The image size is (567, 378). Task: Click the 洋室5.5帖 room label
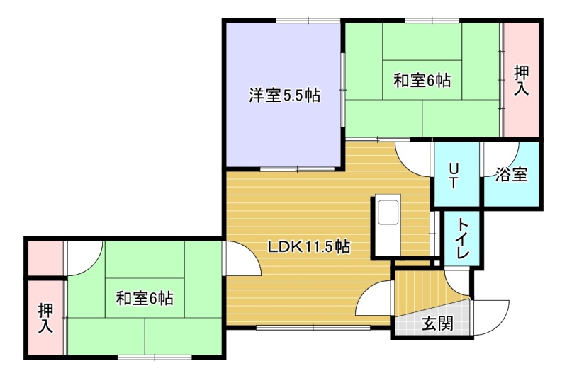(284, 96)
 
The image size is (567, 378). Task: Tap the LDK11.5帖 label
(309, 247)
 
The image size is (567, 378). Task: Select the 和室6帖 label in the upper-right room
(422, 80)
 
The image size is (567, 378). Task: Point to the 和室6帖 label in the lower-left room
(145, 299)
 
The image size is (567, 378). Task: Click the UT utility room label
(453, 176)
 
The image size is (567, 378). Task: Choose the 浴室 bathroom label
(511, 174)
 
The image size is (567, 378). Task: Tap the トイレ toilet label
(463, 238)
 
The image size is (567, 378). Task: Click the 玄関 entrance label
(437, 323)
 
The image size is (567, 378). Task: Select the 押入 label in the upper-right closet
(522, 81)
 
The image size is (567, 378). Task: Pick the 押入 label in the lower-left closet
(46, 318)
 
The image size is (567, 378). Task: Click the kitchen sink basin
(388, 212)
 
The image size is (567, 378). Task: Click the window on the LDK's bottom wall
(313, 328)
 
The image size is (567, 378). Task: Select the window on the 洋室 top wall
(308, 21)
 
